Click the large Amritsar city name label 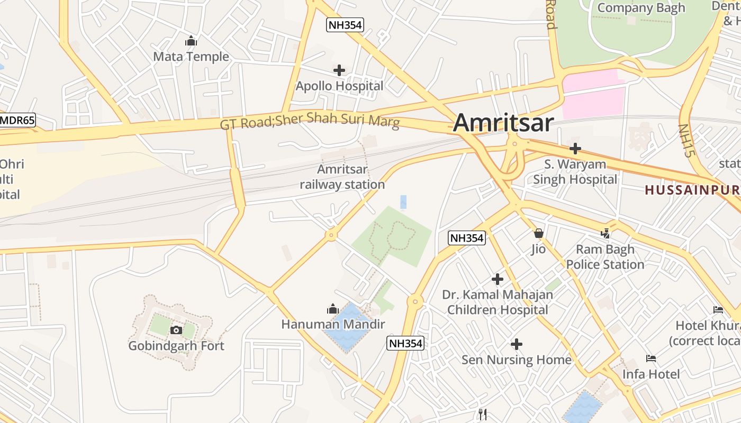(x=503, y=123)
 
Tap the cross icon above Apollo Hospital (x=339, y=70)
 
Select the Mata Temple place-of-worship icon (x=191, y=41)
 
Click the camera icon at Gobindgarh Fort (x=176, y=330)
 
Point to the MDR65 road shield (x=17, y=120)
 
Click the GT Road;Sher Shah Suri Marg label (x=310, y=121)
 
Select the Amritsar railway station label (x=342, y=177)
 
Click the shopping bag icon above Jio (x=539, y=233)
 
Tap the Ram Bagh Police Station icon (x=606, y=233)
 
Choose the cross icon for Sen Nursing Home (x=517, y=345)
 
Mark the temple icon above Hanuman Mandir (x=333, y=309)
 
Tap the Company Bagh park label (x=641, y=8)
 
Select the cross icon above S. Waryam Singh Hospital (x=575, y=149)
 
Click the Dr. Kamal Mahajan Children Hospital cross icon (x=498, y=279)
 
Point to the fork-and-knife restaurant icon (x=482, y=414)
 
